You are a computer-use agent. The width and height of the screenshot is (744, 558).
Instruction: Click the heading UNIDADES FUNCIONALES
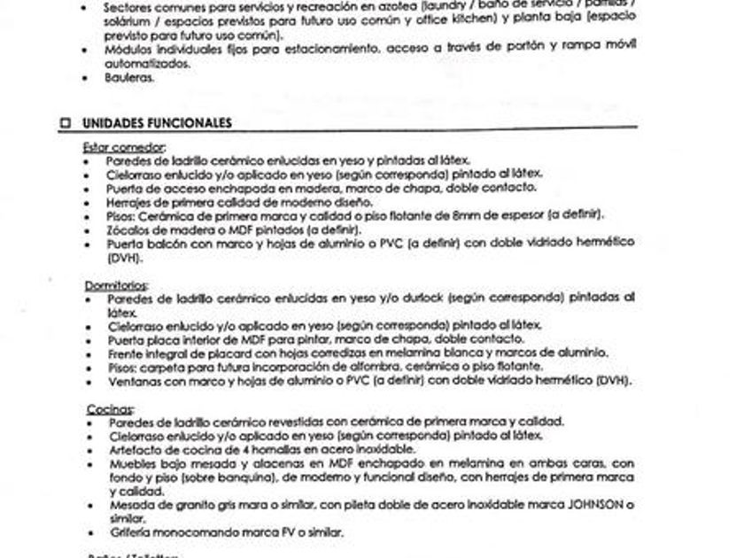pos(157,123)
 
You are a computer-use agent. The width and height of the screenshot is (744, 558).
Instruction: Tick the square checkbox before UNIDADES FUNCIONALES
pos(65,123)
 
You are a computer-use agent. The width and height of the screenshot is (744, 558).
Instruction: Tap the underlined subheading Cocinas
pos(109,409)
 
